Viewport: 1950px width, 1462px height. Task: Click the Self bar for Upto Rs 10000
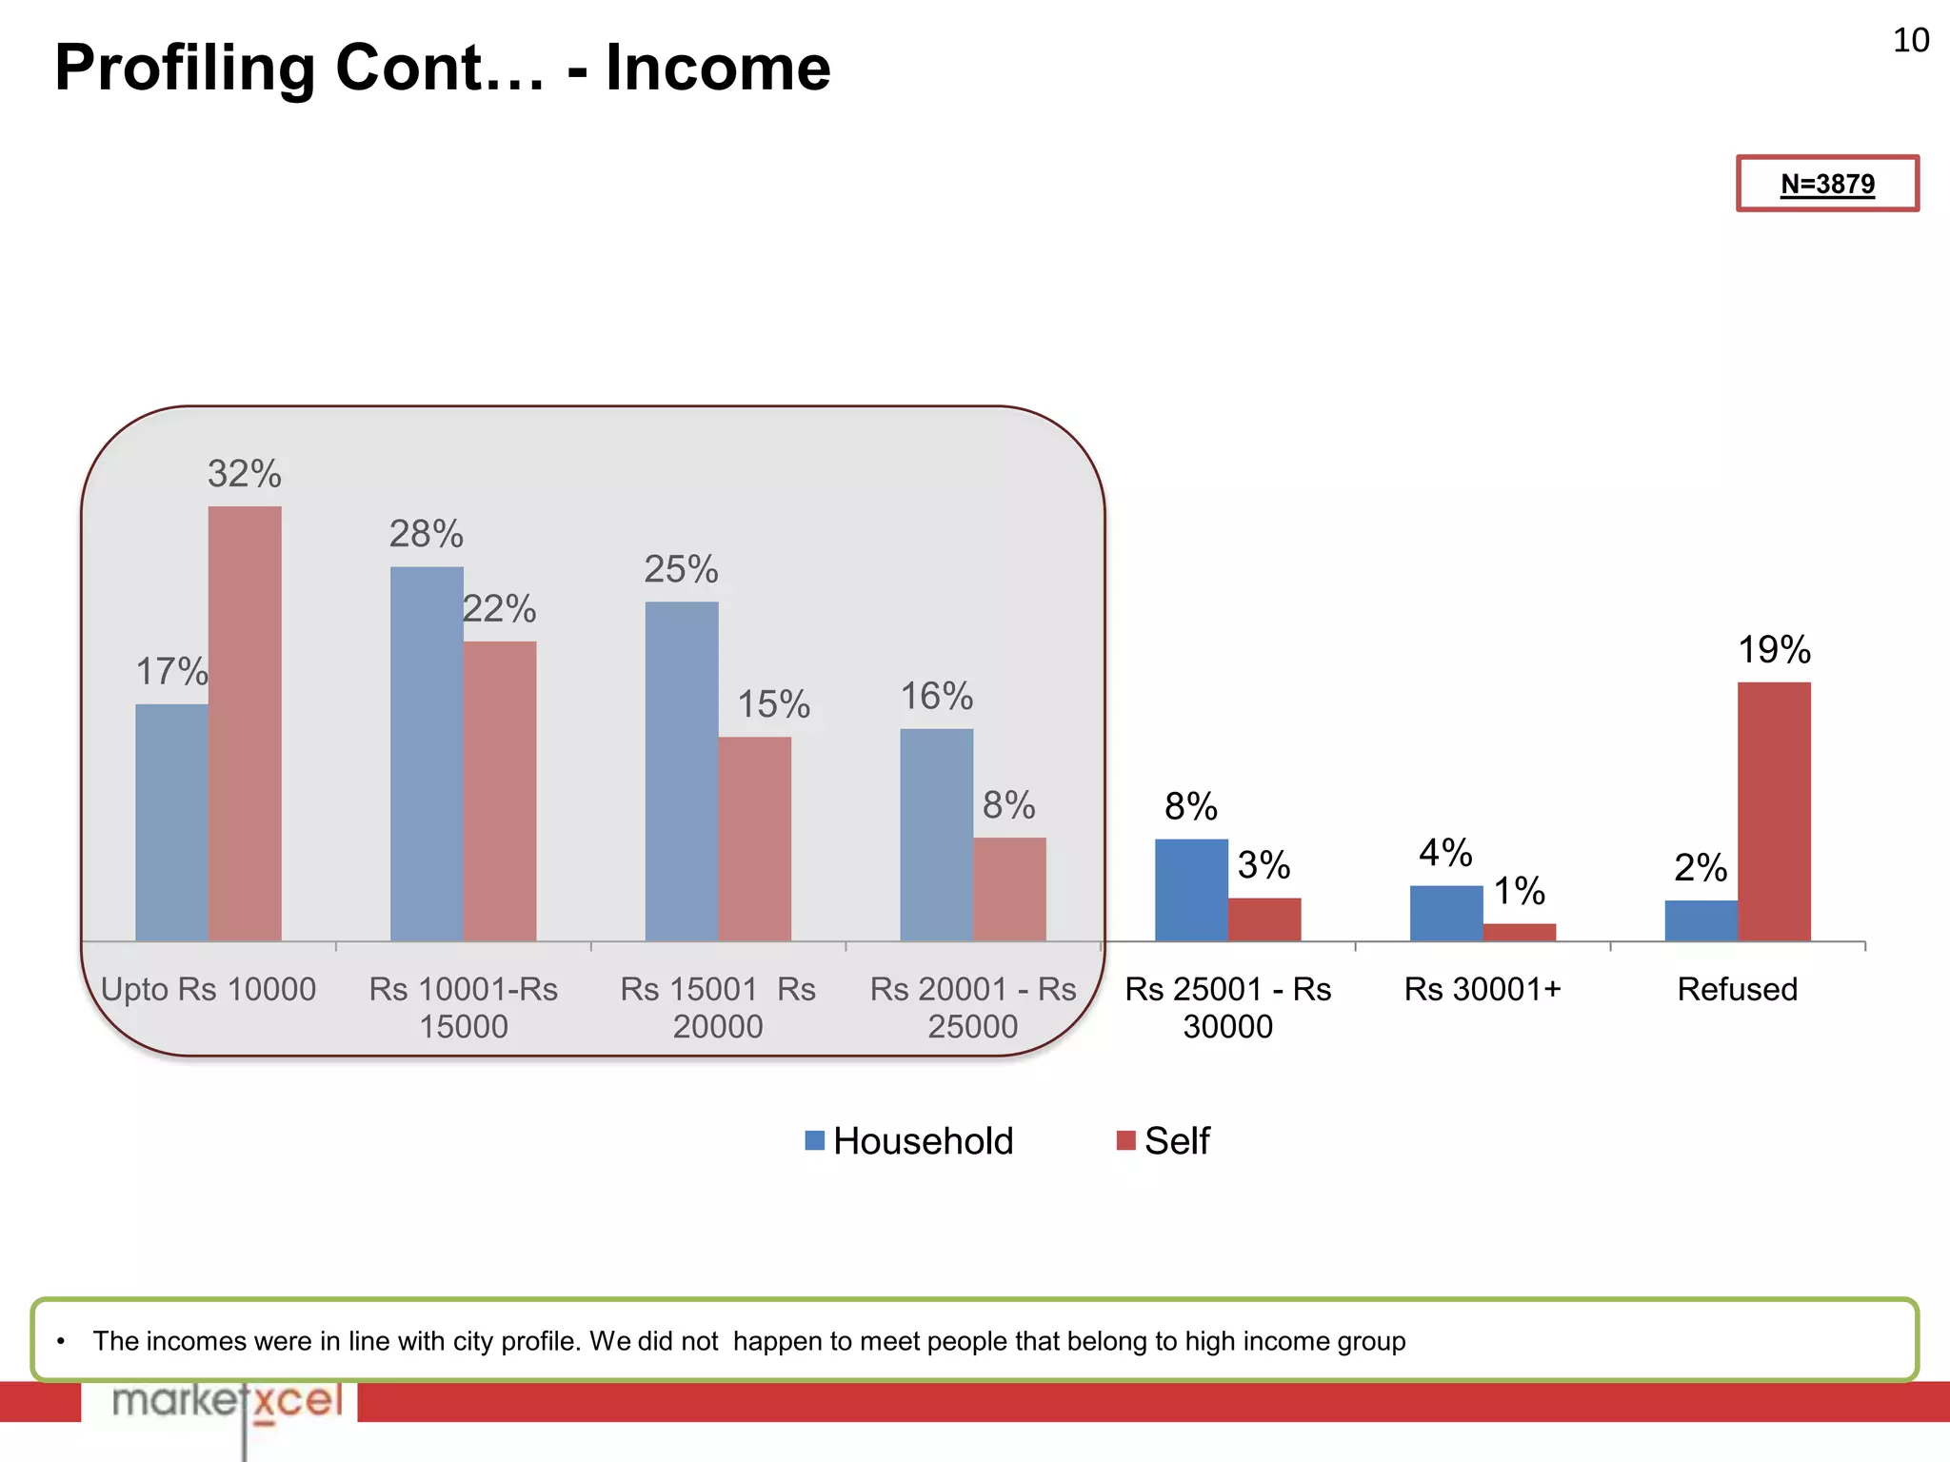click(x=245, y=723)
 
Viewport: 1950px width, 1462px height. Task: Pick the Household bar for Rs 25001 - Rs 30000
click(x=1191, y=890)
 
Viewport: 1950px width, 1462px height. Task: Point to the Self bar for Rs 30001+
click(x=1520, y=932)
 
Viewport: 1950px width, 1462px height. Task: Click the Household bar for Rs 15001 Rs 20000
click(x=682, y=771)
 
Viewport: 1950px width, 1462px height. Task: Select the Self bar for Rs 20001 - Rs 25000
click(x=1009, y=889)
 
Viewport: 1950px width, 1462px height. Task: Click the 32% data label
click(x=245, y=474)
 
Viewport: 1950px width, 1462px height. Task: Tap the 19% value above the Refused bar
click(x=1774, y=650)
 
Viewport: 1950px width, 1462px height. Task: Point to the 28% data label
click(x=427, y=534)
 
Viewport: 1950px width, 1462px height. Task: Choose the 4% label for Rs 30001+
click(x=1445, y=853)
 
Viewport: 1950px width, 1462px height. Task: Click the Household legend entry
click(x=909, y=1140)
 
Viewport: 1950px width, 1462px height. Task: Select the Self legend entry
click(x=1164, y=1140)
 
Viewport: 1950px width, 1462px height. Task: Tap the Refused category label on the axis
click(x=1737, y=990)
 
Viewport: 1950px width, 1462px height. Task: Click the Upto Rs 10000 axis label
click(x=209, y=990)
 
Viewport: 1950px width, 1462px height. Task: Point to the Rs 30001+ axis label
click(x=1482, y=990)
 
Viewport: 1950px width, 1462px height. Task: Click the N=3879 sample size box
click(x=1827, y=183)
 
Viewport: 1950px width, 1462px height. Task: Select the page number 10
click(x=1910, y=41)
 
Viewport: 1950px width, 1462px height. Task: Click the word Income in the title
click(x=718, y=68)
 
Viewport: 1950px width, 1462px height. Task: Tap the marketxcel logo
click(x=227, y=1401)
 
